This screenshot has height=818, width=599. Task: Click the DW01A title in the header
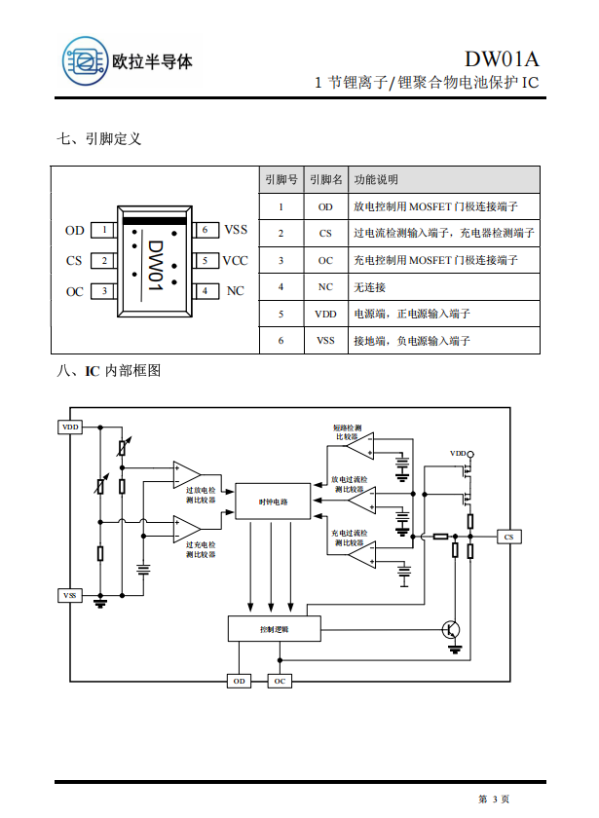501,59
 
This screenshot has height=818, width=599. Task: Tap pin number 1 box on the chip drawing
102,231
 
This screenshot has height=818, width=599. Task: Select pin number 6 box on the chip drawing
206,231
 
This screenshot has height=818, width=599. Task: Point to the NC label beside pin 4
235,291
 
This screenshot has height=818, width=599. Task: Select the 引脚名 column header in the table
325,180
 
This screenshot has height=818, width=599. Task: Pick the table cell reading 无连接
370,287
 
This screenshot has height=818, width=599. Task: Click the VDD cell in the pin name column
325,314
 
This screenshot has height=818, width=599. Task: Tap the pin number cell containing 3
281,261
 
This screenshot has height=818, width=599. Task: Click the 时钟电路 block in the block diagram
274,501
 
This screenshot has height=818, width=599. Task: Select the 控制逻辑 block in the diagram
274,629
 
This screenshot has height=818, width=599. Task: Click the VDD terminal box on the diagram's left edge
71,427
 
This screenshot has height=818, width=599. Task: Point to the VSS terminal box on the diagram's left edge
71,594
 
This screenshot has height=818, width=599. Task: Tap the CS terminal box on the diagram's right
507,537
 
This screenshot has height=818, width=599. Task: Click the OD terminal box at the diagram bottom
239,682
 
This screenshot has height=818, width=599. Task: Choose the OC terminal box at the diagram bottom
280,682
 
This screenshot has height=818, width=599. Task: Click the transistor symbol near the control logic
452,629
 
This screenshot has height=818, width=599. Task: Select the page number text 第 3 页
494,799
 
